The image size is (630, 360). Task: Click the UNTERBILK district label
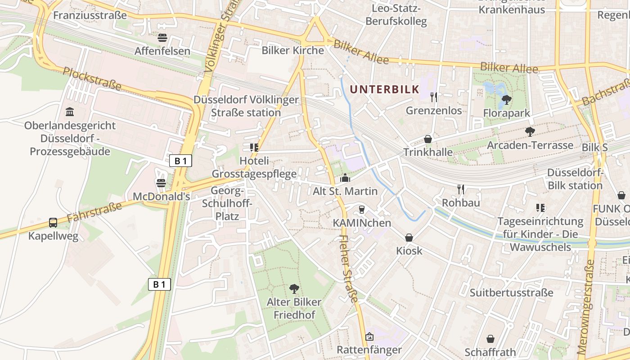click(384, 89)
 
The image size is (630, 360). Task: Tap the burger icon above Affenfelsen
click(162, 38)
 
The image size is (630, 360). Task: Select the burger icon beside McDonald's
click(161, 183)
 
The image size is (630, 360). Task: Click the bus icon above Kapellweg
click(53, 222)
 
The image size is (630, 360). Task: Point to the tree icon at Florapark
click(506, 99)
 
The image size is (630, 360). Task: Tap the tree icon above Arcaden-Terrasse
click(530, 131)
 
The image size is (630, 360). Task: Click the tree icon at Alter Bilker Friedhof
click(294, 288)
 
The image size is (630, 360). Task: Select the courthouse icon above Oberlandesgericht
click(70, 112)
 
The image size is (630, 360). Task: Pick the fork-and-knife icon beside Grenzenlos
click(434, 97)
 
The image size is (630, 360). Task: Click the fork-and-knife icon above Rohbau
click(460, 189)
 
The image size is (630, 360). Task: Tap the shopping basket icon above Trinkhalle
click(428, 139)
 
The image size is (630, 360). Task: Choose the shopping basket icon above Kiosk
click(409, 237)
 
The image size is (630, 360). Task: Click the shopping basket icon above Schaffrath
click(490, 338)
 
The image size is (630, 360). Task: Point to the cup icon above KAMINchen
click(361, 209)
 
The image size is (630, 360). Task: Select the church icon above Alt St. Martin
click(345, 178)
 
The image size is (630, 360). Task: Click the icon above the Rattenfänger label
click(369, 336)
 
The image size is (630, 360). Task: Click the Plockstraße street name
click(92, 78)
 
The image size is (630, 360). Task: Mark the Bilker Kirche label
click(293, 50)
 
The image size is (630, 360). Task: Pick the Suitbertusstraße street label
click(512, 293)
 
